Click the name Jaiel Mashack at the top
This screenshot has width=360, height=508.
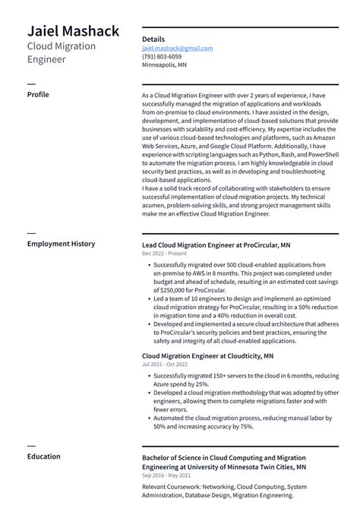click(73, 30)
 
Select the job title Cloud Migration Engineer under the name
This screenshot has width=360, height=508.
click(62, 52)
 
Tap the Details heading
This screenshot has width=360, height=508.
click(153, 39)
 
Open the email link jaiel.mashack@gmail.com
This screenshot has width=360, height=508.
click(177, 48)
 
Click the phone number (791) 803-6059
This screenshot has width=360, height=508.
click(161, 56)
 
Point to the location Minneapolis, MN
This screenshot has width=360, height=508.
click(164, 65)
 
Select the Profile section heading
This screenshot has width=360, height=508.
click(38, 95)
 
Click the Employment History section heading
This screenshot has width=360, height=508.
click(61, 244)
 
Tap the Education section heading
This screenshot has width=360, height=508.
click(44, 456)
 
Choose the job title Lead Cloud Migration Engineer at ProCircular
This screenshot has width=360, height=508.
click(216, 245)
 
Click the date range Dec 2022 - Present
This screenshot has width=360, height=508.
click(163, 254)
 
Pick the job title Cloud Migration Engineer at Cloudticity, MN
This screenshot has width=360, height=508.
click(207, 355)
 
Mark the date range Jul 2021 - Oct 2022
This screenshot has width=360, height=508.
click(164, 364)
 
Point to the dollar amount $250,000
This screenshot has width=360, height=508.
click(172, 289)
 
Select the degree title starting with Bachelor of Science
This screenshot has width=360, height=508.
click(224, 463)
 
